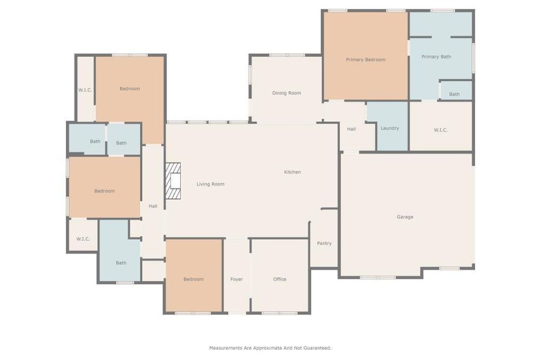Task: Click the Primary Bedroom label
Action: (x=365, y=59)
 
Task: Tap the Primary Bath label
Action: (x=436, y=57)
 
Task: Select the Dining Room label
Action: (x=286, y=93)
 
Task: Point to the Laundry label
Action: (x=389, y=128)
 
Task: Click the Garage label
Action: (x=405, y=217)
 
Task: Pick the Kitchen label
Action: (x=292, y=172)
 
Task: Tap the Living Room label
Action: (x=210, y=184)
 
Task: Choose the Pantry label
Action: (x=324, y=244)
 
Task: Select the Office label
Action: (x=280, y=280)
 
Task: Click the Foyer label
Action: (x=237, y=280)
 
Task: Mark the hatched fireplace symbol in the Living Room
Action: (x=173, y=181)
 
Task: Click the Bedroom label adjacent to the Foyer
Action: (x=193, y=280)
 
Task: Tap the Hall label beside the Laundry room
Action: (x=351, y=129)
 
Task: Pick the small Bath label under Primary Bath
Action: (x=455, y=94)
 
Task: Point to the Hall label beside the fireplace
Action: (x=153, y=206)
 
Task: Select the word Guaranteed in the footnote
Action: (x=316, y=348)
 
